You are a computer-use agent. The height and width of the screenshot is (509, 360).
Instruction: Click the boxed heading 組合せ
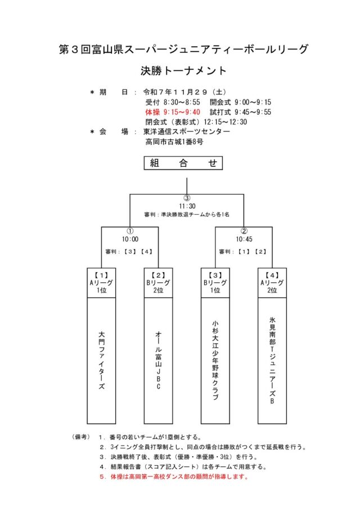click(x=183, y=163)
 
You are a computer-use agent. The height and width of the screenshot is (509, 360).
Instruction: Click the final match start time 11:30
click(x=187, y=206)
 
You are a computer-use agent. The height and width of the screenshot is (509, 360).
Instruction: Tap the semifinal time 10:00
click(x=130, y=238)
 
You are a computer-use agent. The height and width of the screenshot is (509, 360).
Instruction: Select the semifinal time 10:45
click(x=244, y=238)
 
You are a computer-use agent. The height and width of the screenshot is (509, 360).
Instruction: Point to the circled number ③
click(x=187, y=198)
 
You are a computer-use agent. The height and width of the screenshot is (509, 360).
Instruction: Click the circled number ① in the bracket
click(x=130, y=231)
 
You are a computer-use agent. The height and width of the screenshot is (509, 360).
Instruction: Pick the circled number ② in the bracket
click(x=244, y=231)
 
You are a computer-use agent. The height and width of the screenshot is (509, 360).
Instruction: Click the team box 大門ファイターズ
click(x=101, y=360)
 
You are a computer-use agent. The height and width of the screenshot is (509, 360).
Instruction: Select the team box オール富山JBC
click(x=159, y=360)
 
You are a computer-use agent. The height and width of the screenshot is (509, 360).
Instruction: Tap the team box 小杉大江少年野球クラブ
click(x=215, y=360)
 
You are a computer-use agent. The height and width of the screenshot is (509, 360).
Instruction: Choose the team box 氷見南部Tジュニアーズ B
click(x=272, y=360)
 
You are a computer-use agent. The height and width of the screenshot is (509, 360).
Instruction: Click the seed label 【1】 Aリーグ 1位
click(x=101, y=283)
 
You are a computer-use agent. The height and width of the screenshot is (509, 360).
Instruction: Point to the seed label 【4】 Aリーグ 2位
click(x=272, y=283)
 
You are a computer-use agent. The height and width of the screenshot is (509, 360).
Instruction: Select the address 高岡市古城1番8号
click(x=174, y=142)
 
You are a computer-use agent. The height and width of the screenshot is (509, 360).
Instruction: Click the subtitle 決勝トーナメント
click(x=183, y=71)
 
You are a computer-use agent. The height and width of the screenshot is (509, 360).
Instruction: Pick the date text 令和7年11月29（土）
click(x=185, y=92)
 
